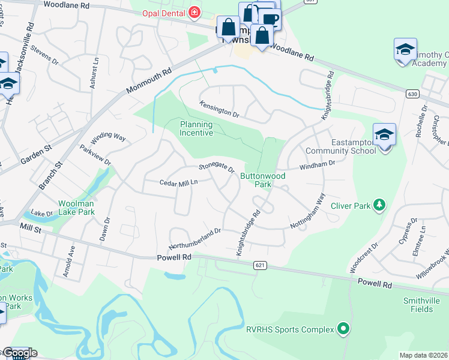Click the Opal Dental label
(163, 13)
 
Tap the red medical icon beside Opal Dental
(194, 13)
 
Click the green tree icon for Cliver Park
(379, 206)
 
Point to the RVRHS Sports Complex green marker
(343, 329)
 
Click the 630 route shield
(412, 94)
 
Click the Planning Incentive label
(197, 128)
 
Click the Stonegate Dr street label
(217, 167)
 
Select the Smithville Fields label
(418, 305)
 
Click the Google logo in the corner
(19, 353)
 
